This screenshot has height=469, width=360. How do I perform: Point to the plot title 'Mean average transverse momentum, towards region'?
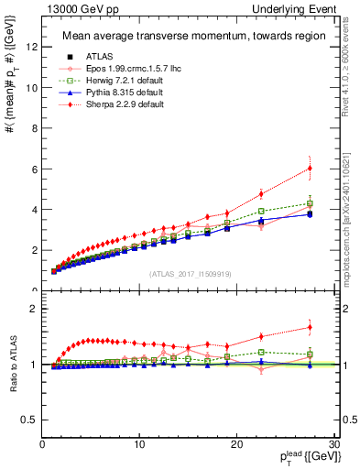pos(190,37)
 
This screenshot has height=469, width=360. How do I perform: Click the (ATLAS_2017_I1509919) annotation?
pos(190,273)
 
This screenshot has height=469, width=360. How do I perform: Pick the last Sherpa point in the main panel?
pos(310,168)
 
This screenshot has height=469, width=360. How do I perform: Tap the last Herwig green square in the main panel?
pos(310,203)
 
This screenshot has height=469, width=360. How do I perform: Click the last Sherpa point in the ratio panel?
pos(310,327)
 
